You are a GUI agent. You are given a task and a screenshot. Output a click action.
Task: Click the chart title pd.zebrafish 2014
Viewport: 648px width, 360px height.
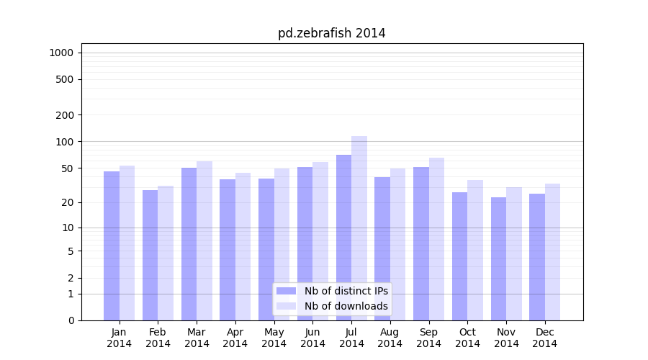point(331,33)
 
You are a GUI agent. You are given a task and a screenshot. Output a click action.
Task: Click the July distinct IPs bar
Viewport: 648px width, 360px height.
point(343,238)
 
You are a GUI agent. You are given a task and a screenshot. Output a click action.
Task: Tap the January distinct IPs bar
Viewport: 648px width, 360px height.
point(112,246)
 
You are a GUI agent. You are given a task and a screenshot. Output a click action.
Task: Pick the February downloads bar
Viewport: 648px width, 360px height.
point(166,253)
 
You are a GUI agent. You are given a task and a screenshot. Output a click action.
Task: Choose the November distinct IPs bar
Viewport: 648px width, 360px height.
point(498,258)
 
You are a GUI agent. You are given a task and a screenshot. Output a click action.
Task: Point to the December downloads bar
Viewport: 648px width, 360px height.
point(552,252)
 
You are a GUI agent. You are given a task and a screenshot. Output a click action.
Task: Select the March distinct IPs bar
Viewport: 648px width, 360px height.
point(189,244)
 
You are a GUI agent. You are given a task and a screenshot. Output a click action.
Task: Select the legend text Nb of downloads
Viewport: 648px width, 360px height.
point(346,306)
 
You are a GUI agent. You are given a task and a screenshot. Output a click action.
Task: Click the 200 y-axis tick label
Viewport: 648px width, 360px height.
point(66,115)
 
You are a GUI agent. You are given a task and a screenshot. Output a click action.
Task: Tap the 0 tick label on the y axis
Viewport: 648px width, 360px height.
point(71,320)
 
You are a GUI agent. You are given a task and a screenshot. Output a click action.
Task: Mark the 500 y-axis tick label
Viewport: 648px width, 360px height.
point(66,79)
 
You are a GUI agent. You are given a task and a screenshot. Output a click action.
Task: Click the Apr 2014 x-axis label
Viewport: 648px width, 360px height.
point(235,338)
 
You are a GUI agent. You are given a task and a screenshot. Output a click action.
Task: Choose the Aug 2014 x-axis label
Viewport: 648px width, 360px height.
point(390,338)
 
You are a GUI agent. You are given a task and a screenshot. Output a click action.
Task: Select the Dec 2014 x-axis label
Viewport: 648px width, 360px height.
point(545,338)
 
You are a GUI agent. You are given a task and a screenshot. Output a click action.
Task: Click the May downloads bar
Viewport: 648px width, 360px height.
point(282,244)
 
